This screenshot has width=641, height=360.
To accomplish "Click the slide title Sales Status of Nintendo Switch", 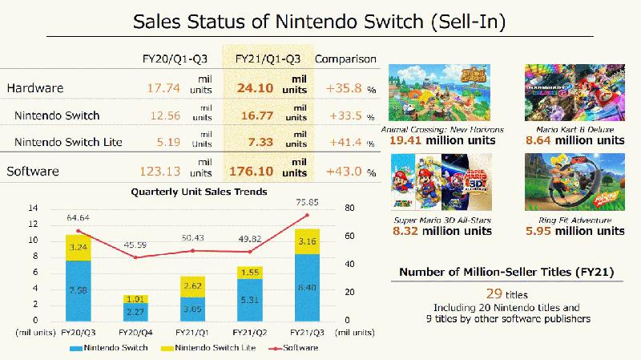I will (x=320, y=21).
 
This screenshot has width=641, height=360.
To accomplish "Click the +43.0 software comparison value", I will (x=346, y=172).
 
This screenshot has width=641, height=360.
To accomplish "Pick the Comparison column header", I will (x=345, y=59).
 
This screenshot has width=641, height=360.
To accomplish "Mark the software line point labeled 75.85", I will (x=305, y=215).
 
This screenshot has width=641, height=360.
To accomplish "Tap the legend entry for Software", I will (x=295, y=348).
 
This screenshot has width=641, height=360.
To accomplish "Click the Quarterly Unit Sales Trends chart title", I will (x=187, y=192).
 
